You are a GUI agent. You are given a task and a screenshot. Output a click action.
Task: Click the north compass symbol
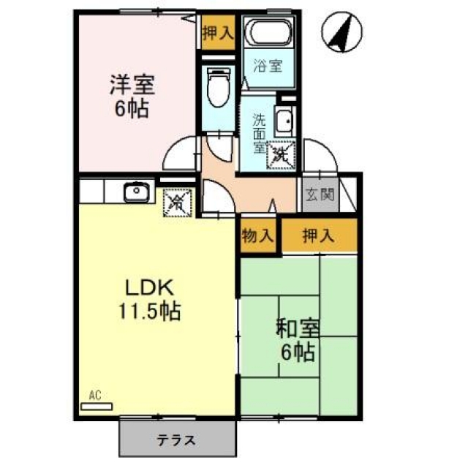[341, 32]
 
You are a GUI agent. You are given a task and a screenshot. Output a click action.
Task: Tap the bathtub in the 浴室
[269, 32]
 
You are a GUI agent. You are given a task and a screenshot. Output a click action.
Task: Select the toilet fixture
[219, 87]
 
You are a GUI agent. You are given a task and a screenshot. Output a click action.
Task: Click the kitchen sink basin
[137, 192]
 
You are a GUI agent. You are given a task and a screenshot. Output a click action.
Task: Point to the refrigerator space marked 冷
[177, 203]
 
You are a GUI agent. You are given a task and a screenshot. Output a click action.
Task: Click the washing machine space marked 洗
[281, 155]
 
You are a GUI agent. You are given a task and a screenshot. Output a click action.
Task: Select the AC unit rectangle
[97, 407]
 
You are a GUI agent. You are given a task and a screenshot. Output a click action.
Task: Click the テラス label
[176, 440]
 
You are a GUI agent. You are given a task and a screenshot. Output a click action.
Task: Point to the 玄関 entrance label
[320, 195]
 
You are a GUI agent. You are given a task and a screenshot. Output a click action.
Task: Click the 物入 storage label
[257, 236]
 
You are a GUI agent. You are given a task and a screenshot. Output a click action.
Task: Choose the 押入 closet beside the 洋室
[218, 32]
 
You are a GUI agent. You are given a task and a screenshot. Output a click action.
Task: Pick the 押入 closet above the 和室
[320, 235]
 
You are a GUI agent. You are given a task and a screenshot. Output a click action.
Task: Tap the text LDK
[149, 287]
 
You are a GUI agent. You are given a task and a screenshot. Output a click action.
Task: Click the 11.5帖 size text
[149, 312]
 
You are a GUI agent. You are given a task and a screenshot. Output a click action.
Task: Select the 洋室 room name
[132, 85]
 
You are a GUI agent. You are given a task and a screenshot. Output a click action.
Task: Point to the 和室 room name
[298, 329]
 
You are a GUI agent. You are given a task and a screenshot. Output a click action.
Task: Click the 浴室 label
[268, 66]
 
